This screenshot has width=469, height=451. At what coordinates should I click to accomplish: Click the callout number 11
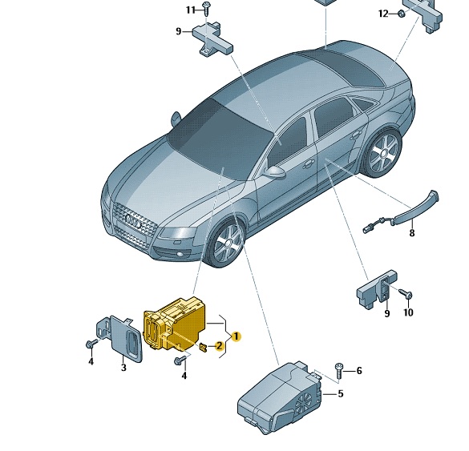[190, 10]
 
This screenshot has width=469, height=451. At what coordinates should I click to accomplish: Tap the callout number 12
[383, 14]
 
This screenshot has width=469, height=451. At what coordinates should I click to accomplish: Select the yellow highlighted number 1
[236, 336]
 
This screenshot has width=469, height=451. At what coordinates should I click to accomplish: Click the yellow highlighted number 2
[219, 346]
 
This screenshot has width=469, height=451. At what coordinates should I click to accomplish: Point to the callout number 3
[123, 367]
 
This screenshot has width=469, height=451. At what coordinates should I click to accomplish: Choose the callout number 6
[359, 371]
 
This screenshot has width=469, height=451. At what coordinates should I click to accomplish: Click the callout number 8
[412, 233]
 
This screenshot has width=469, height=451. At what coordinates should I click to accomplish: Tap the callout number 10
[408, 312]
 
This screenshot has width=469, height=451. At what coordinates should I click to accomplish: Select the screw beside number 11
[206, 9]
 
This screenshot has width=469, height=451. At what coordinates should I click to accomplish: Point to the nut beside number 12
[402, 14]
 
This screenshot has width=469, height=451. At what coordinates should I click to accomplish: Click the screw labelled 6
[339, 371]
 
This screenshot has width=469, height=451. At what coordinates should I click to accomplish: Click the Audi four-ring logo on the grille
[133, 221]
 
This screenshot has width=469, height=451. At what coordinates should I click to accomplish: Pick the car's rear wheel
[382, 153]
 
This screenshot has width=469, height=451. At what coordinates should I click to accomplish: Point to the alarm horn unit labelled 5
[280, 397]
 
